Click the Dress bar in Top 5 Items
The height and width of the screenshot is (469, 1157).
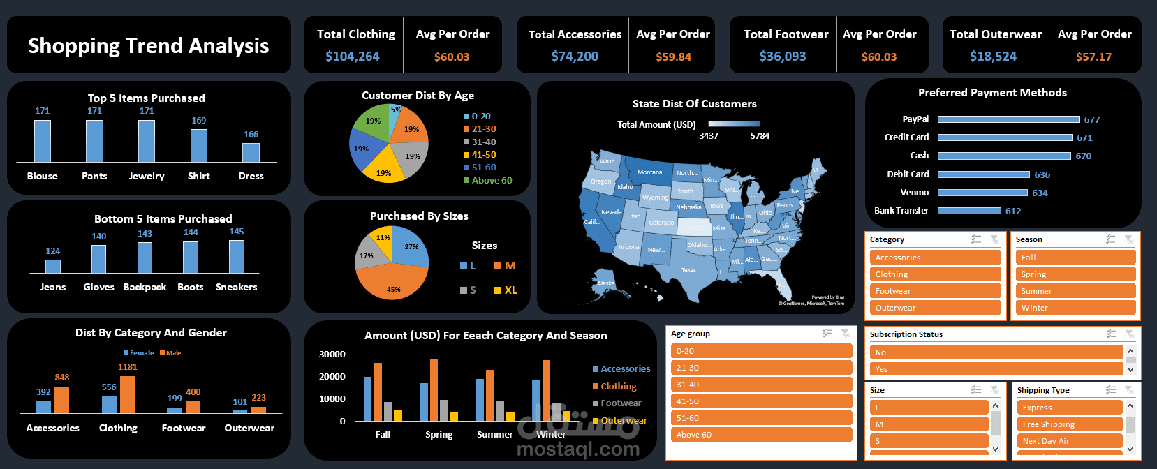coord(251,152)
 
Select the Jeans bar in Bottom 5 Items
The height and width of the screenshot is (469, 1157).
coord(53,266)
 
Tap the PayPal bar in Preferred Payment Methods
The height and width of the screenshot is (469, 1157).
coord(1009,119)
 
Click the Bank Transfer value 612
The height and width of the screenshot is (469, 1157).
coord(1013,211)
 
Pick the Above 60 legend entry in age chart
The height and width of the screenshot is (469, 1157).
coord(491,180)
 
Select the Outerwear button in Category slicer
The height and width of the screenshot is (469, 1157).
coord(935,308)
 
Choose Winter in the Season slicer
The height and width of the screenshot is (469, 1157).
coord(1075,308)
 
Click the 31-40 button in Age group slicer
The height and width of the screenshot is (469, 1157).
coord(760,385)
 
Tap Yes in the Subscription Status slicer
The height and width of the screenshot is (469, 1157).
coord(995,369)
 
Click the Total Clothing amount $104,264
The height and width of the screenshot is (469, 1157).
coord(352,57)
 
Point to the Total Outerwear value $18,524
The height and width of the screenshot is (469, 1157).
coord(993,57)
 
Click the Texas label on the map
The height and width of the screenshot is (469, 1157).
coord(688,270)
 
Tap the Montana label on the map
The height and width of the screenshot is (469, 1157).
coord(649,172)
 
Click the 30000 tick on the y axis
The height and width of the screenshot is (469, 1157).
coord(332,355)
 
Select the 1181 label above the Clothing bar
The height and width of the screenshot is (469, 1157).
coord(128,367)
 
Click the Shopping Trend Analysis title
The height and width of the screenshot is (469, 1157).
coord(148,45)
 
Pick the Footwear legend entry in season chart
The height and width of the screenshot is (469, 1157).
coord(620,403)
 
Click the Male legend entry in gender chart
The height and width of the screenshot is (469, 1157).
coord(173,353)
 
